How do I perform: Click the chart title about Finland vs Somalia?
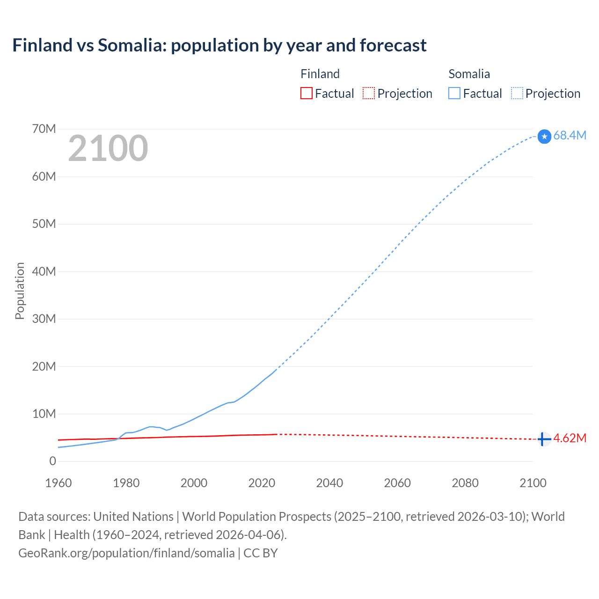point(219,45)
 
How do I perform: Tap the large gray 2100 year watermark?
point(108,148)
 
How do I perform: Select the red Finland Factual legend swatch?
point(306,93)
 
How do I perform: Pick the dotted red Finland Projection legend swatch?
point(369,93)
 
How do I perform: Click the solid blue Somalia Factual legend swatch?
point(454,93)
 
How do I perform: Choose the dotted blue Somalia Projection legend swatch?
point(517,93)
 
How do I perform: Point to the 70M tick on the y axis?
point(44,129)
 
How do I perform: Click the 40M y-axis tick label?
point(44,271)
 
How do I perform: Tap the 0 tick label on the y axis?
point(52,461)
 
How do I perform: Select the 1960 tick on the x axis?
point(58,483)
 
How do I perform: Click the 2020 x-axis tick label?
point(262,483)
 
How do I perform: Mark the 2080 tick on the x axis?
point(465,483)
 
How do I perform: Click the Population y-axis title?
point(20,291)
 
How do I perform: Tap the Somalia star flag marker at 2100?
point(544,136)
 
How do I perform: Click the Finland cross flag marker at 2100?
point(543,439)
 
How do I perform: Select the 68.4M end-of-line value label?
point(570,135)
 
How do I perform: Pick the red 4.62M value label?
point(570,438)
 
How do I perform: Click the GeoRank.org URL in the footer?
point(126,553)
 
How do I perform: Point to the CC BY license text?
point(261,553)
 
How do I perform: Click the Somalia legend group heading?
point(469,74)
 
